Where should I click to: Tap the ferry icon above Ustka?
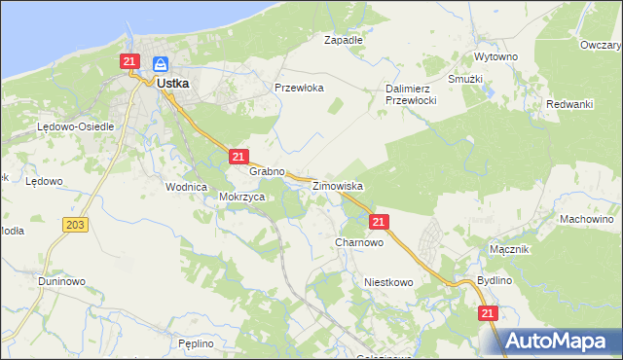(163, 65)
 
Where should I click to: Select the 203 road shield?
(75, 225)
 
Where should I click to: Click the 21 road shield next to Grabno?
(239, 157)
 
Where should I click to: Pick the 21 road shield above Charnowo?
(380, 223)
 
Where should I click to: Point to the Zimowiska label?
(338, 185)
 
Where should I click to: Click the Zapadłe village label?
(343, 41)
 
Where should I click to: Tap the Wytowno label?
(495, 57)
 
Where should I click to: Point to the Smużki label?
(465, 78)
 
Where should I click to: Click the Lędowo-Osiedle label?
(76, 127)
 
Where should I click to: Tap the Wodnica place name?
(187, 187)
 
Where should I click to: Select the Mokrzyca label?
(242, 196)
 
